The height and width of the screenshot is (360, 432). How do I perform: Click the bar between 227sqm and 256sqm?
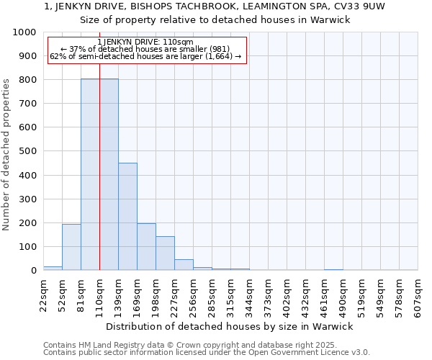tap(184, 264)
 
